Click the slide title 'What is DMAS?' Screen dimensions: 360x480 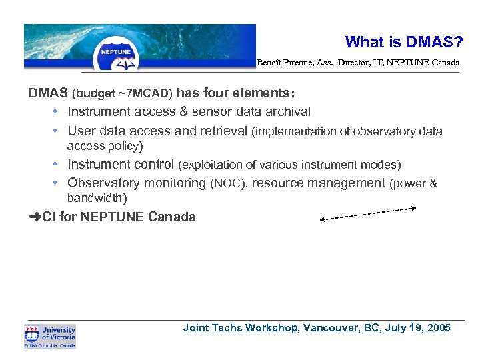404,42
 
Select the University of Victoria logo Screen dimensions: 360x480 50,336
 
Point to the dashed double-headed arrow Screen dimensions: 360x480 368,213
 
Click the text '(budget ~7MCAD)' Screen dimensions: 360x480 123,93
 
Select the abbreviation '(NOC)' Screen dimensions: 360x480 228,183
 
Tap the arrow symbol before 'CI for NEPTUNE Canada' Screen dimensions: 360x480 35,217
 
